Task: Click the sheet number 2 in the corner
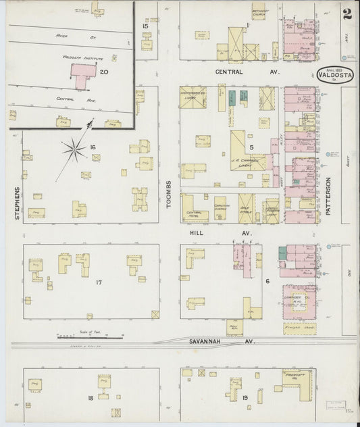pos(346,13)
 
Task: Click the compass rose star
pos(75,149)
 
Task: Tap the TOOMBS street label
pos(170,193)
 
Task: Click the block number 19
pos(246,399)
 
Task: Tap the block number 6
pos(267,281)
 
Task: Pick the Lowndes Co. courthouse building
pos(299,301)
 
